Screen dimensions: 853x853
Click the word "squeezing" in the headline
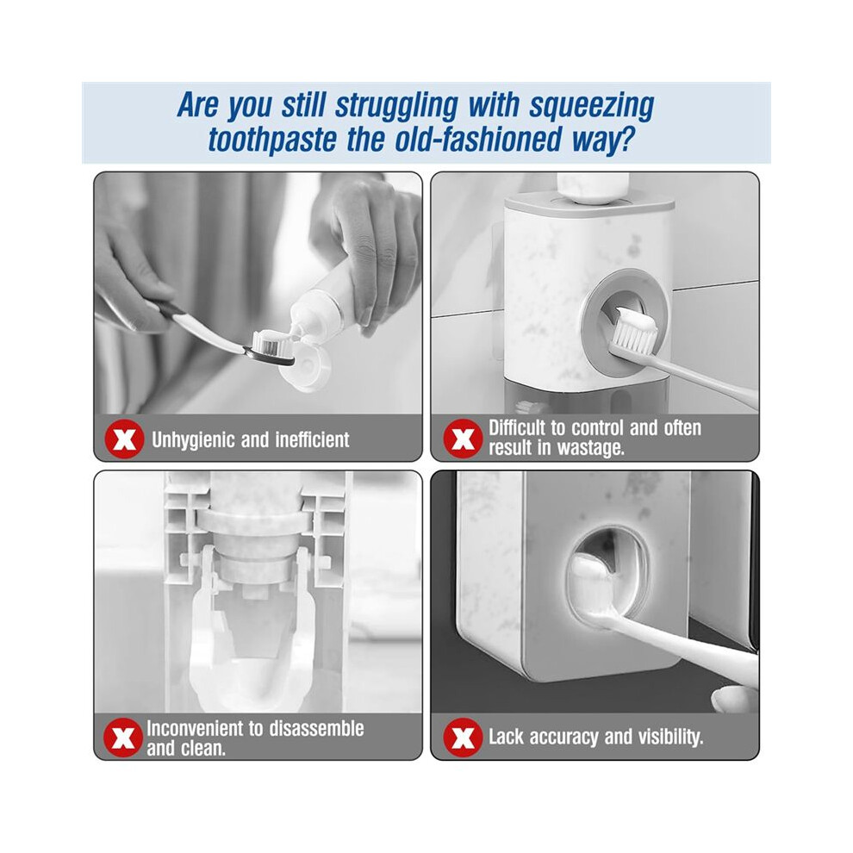591,107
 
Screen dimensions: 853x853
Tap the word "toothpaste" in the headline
272,140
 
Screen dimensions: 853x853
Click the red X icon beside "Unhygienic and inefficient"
124,439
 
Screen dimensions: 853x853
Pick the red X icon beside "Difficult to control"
463,439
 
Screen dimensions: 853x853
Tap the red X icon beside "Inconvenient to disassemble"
123,738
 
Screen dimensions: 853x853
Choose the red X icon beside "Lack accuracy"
463,738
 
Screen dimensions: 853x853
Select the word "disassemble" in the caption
316,728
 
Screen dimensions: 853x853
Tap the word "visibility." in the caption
670,737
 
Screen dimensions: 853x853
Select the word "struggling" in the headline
396,107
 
